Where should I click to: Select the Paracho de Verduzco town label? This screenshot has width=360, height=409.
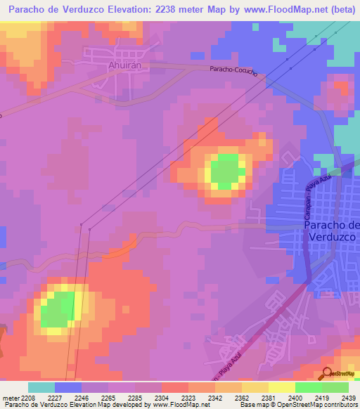click(334, 231)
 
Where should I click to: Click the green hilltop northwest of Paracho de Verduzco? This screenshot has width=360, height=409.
click(226, 171)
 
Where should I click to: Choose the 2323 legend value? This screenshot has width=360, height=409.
click(188, 398)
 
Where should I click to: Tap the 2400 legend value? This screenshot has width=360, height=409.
click(295, 398)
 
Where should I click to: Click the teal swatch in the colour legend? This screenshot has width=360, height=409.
click(41, 387)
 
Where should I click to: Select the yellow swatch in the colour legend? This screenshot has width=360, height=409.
click(281, 387)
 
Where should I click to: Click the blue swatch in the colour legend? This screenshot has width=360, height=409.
click(68, 387)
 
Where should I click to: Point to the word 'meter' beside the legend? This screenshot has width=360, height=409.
click(11, 398)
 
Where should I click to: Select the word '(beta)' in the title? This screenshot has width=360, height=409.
click(335, 10)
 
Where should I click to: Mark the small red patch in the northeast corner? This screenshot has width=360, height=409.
click(342, 89)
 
